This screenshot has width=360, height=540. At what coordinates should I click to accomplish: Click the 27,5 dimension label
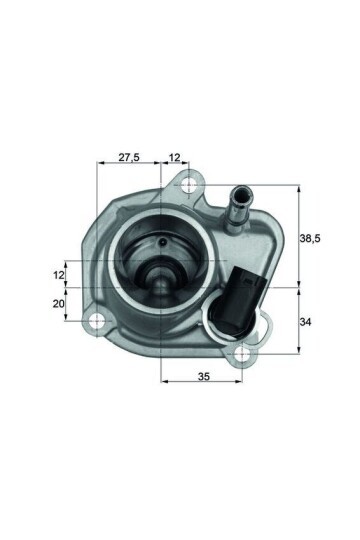pos(128,157)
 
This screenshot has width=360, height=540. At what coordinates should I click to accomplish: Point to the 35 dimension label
pos(203,378)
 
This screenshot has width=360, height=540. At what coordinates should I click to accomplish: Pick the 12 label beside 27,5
pos(175,157)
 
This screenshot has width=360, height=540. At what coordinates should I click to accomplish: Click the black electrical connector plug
pos(243,290)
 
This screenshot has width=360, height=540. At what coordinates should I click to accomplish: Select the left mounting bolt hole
pos(97,322)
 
